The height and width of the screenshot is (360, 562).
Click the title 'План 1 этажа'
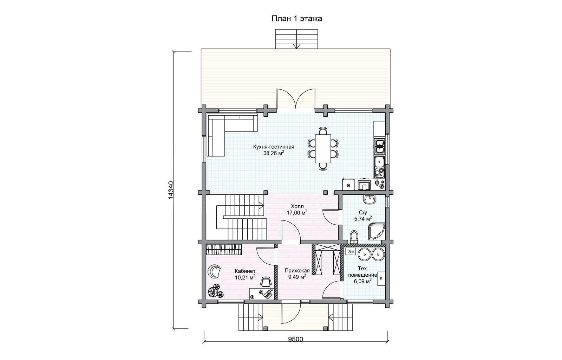coord(297,19)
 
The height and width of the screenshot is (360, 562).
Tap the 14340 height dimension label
coord(170,190)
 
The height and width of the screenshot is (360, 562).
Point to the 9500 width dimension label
coord(295,339)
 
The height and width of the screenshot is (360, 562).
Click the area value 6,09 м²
coord(363,281)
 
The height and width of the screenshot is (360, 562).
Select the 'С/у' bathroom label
coord(363,212)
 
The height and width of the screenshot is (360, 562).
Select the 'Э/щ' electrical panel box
coord(351,251)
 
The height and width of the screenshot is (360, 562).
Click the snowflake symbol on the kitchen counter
coord(348,186)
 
